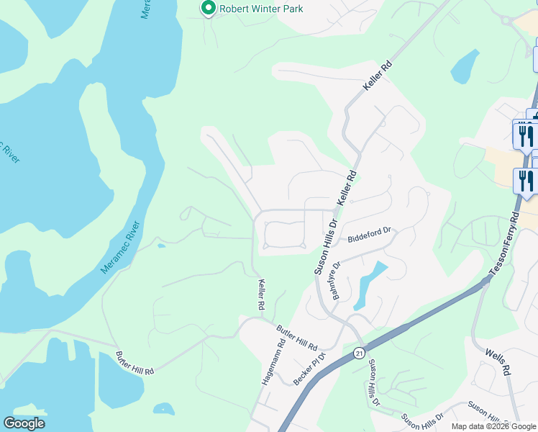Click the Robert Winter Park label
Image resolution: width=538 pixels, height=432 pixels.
point(261,9)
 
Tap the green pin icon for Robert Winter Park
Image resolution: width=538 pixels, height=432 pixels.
point(209,9)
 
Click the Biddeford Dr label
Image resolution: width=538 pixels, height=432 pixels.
point(369,235)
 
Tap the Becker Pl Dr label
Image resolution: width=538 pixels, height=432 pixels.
point(311,366)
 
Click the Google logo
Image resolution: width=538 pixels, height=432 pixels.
point(24,423)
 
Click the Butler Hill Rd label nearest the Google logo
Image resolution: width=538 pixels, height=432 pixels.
point(134,362)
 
